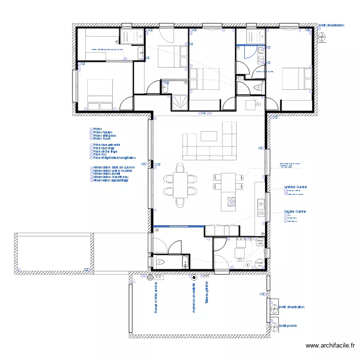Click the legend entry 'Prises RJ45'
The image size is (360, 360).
(102, 139)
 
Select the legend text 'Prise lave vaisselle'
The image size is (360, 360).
(107, 144)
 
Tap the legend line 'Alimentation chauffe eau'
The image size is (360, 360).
(110, 177)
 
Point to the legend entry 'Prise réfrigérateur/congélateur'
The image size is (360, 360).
(115, 157)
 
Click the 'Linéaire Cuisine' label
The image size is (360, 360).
(295, 187)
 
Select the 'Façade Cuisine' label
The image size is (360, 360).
(295, 211)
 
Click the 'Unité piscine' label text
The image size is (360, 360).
(288, 325)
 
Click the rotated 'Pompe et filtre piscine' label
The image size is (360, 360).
(156, 298)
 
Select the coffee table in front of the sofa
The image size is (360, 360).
(209, 136)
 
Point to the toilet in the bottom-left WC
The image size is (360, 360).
(159, 262)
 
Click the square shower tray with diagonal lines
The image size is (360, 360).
(180, 102)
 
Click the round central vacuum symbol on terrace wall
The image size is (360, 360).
(194, 277)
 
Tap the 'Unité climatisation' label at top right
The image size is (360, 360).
(331, 25)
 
